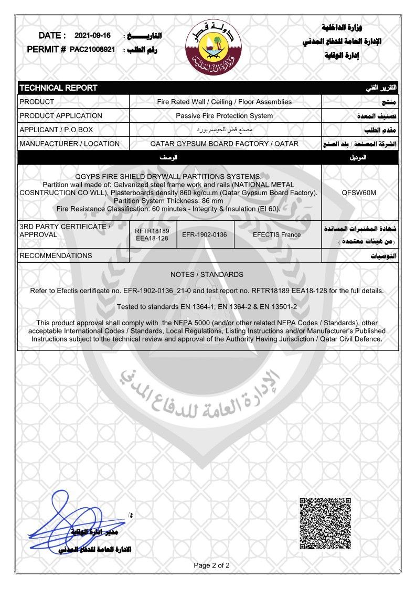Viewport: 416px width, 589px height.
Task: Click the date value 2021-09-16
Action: pyautogui.click(x=93, y=36)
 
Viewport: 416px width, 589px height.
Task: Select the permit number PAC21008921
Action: pyautogui.click(x=92, y=50)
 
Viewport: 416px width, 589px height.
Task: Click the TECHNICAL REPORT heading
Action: pyautogui.click(x=58, y=88)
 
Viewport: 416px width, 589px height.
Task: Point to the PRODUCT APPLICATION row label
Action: pyautogui.click(x=60, y=115)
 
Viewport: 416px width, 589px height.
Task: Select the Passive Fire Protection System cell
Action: pyautogui.click(x=224, y=115)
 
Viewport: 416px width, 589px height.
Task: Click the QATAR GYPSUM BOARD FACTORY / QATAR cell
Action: pyautogui.click(x=224, y=144)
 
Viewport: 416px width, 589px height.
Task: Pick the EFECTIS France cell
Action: pyautogui.click(x=276, y=234)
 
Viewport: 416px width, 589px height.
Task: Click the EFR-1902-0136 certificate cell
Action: pyautogui.click(x=204, y=234)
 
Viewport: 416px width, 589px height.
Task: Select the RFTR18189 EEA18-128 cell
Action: pyautogui.click(x=152, y=234)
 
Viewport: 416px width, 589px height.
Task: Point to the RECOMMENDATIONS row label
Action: pyautogui.click(x=55, y=255)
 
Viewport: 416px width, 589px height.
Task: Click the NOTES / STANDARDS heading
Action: pyautogui.click(x=207, y=274)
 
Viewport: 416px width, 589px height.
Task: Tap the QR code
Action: pyautogui.click(x=325, y=523)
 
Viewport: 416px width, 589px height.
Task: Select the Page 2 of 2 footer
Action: pyautogui.click(x=211, y=565)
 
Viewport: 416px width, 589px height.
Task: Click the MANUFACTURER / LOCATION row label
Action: pyautogui.click(x=69, y=144)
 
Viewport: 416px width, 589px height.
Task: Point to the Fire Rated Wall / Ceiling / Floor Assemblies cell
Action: pyautogui.click(x=224, y=102)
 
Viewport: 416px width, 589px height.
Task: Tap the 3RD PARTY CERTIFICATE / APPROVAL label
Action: pyautogui.click(x=65, y=230)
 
